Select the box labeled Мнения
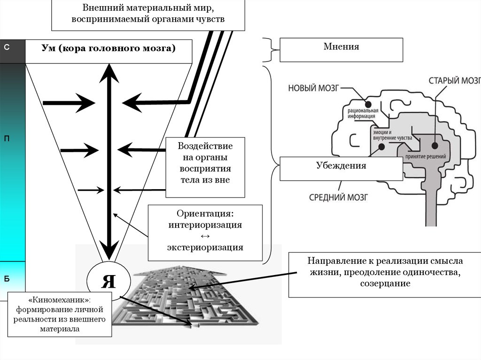pos(341,49)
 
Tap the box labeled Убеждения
pos(341,168)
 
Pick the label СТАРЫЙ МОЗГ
pos(454,80)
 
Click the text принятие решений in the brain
pos(422,155)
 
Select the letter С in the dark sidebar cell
pos(7,47)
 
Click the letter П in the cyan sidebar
pos(7,138)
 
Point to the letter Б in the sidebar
pos(7,279)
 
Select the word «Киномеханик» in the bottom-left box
pos(60,299)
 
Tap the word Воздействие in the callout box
pos(205,146)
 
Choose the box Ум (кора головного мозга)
pos(109,51)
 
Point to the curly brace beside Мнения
pos(269,49)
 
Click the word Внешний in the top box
pos(100,8)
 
